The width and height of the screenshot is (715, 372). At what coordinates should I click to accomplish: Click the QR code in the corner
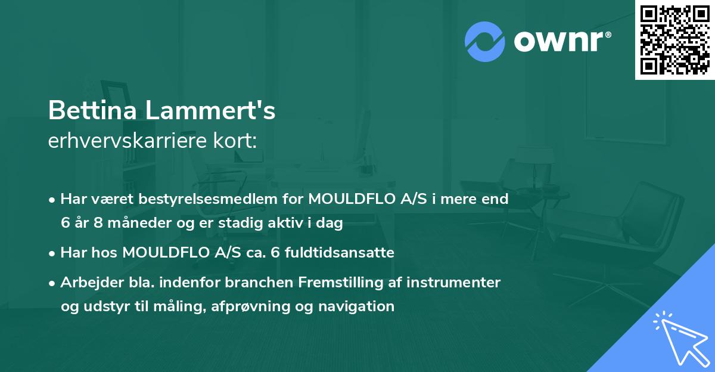[x=675, y=40]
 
